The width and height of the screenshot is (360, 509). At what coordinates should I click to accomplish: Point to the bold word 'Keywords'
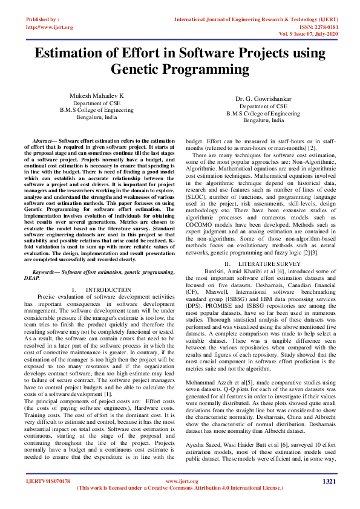[45, 272]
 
